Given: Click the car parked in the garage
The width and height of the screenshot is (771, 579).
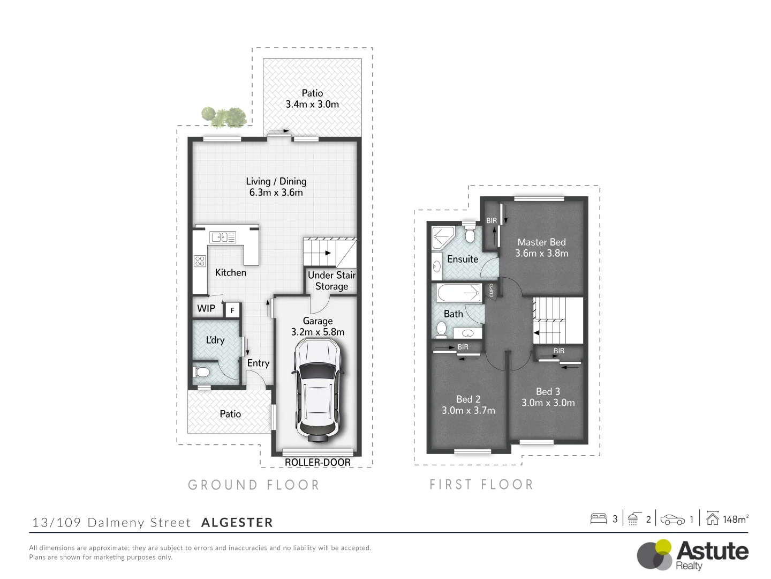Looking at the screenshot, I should click(316, 391).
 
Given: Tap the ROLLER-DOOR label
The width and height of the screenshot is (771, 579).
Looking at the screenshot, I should click(318, 462).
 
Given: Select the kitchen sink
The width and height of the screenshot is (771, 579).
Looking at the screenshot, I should click(223, 236).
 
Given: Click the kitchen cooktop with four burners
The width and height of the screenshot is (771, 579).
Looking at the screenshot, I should click(200, 261).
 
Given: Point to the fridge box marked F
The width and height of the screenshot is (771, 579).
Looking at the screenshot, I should click(232, 310).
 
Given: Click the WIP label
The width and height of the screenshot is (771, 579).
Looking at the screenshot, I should click(206, 308).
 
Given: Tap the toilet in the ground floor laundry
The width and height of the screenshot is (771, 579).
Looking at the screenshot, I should click(202, 372).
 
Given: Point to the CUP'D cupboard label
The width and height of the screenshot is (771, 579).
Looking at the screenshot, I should click(492, 290).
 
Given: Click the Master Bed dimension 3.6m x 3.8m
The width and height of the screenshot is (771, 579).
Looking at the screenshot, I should click(541, 254).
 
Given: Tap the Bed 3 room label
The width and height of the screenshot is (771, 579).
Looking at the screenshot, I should click(548, 391).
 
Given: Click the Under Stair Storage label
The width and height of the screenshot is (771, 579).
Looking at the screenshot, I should click(331, 280).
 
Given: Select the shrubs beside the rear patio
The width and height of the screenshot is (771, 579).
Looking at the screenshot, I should click(224, 117).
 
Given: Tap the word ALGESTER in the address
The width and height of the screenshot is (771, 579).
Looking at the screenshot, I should click(237, 523).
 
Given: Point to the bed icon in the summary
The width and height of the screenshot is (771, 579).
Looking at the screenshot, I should click(598, 518).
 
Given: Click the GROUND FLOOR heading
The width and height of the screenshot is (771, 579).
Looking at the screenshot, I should click(254, 485).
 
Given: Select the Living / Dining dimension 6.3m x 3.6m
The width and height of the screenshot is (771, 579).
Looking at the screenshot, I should click(276, 192).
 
